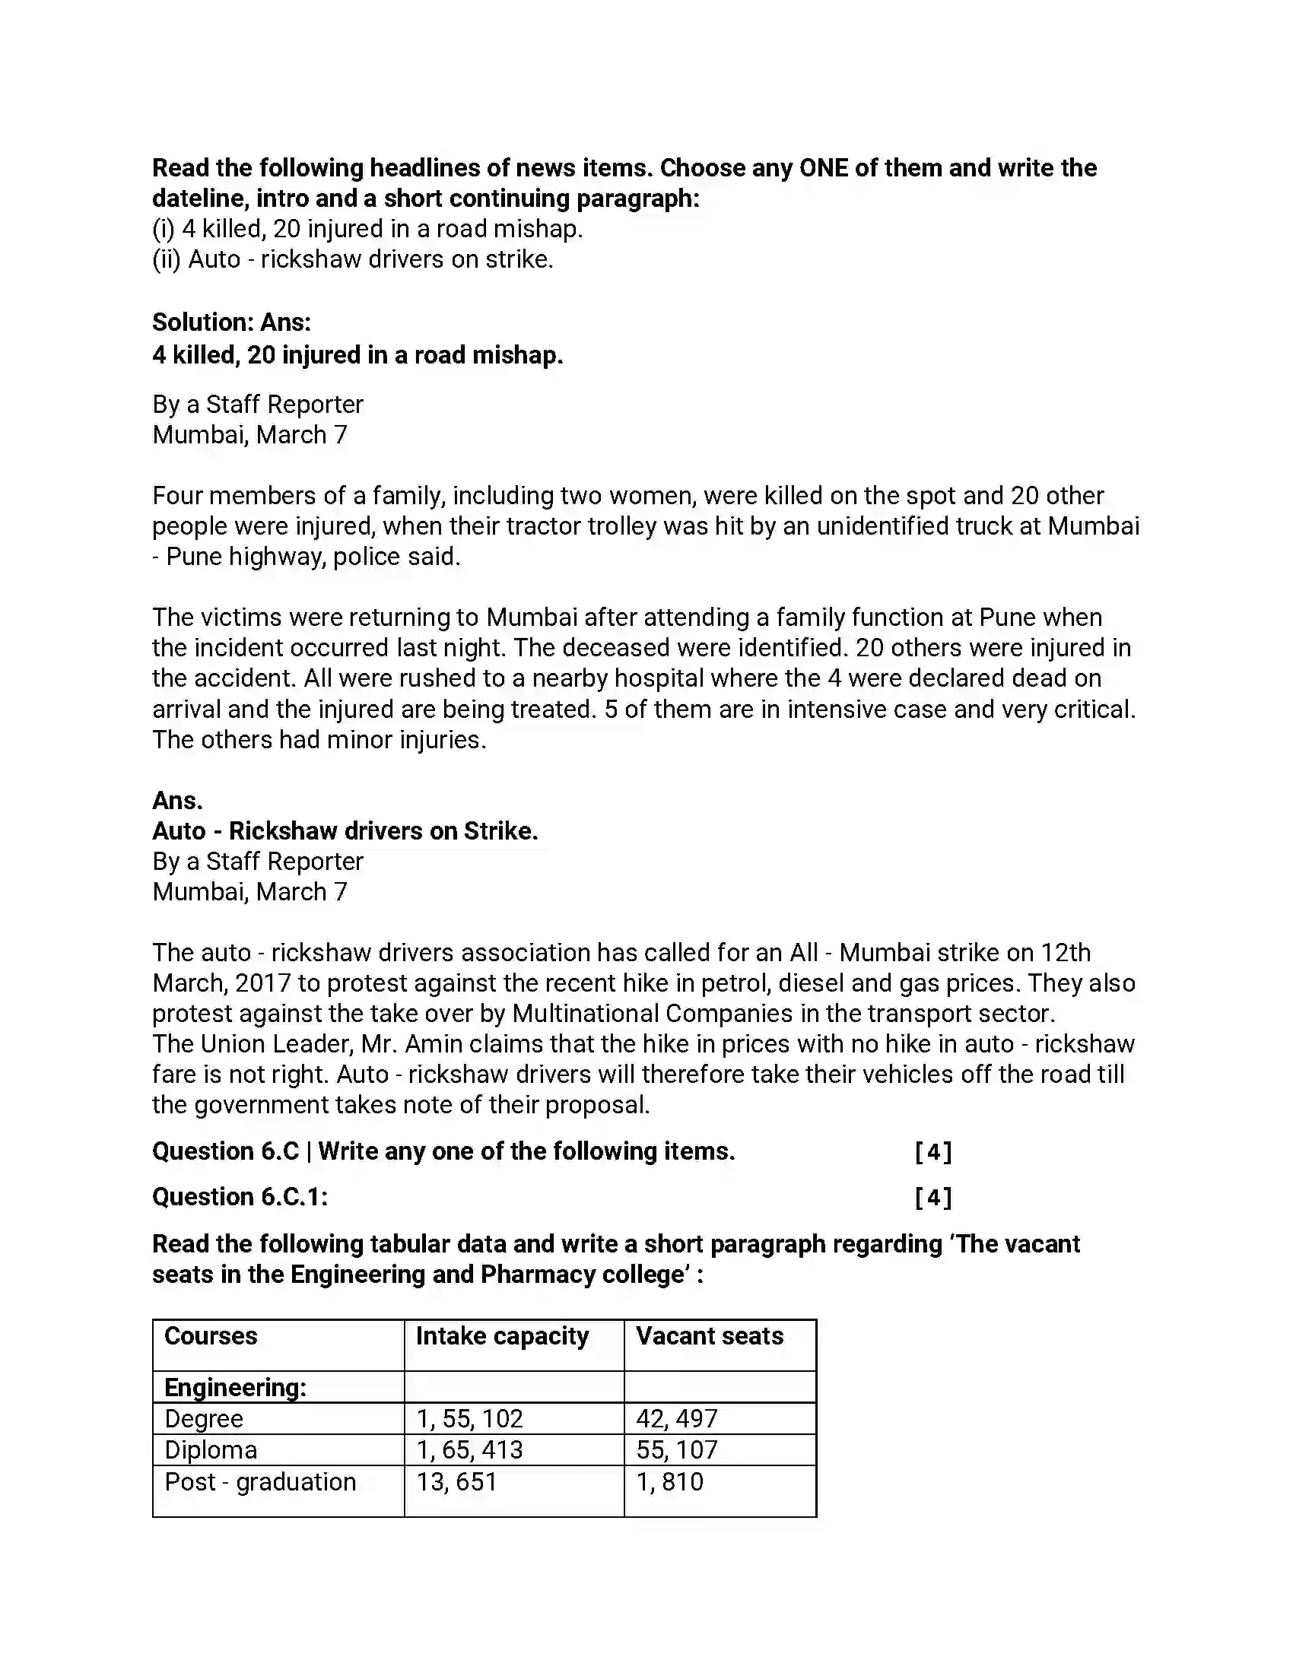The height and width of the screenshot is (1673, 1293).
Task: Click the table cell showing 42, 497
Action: coord(677,1419)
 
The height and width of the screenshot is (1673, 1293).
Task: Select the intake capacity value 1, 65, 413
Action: coord(469,1450)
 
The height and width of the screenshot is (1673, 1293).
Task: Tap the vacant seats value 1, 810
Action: coord(669,1482)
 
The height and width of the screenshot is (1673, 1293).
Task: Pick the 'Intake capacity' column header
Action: coord(503,1336)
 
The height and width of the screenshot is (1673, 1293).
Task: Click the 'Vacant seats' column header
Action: coord(710,1336)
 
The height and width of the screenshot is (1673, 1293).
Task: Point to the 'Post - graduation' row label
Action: coord(260,1482)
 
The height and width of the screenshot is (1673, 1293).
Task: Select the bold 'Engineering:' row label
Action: coord(235,1387)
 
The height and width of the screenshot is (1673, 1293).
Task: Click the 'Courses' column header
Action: coord(211,1336)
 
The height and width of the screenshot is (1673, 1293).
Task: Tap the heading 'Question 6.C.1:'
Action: coord(240,1196)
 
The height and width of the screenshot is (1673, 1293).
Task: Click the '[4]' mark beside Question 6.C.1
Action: coord(933,1196)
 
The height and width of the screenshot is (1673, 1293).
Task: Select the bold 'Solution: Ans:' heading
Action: coord(231,322)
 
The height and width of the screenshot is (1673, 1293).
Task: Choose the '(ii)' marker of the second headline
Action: coord(167,259)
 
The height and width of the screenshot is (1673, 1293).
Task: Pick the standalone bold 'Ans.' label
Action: coord(178,801)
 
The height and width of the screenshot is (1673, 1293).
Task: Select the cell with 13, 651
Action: coord(456,1482)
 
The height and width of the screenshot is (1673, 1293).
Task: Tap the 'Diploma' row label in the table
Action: coord(211,1450)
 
